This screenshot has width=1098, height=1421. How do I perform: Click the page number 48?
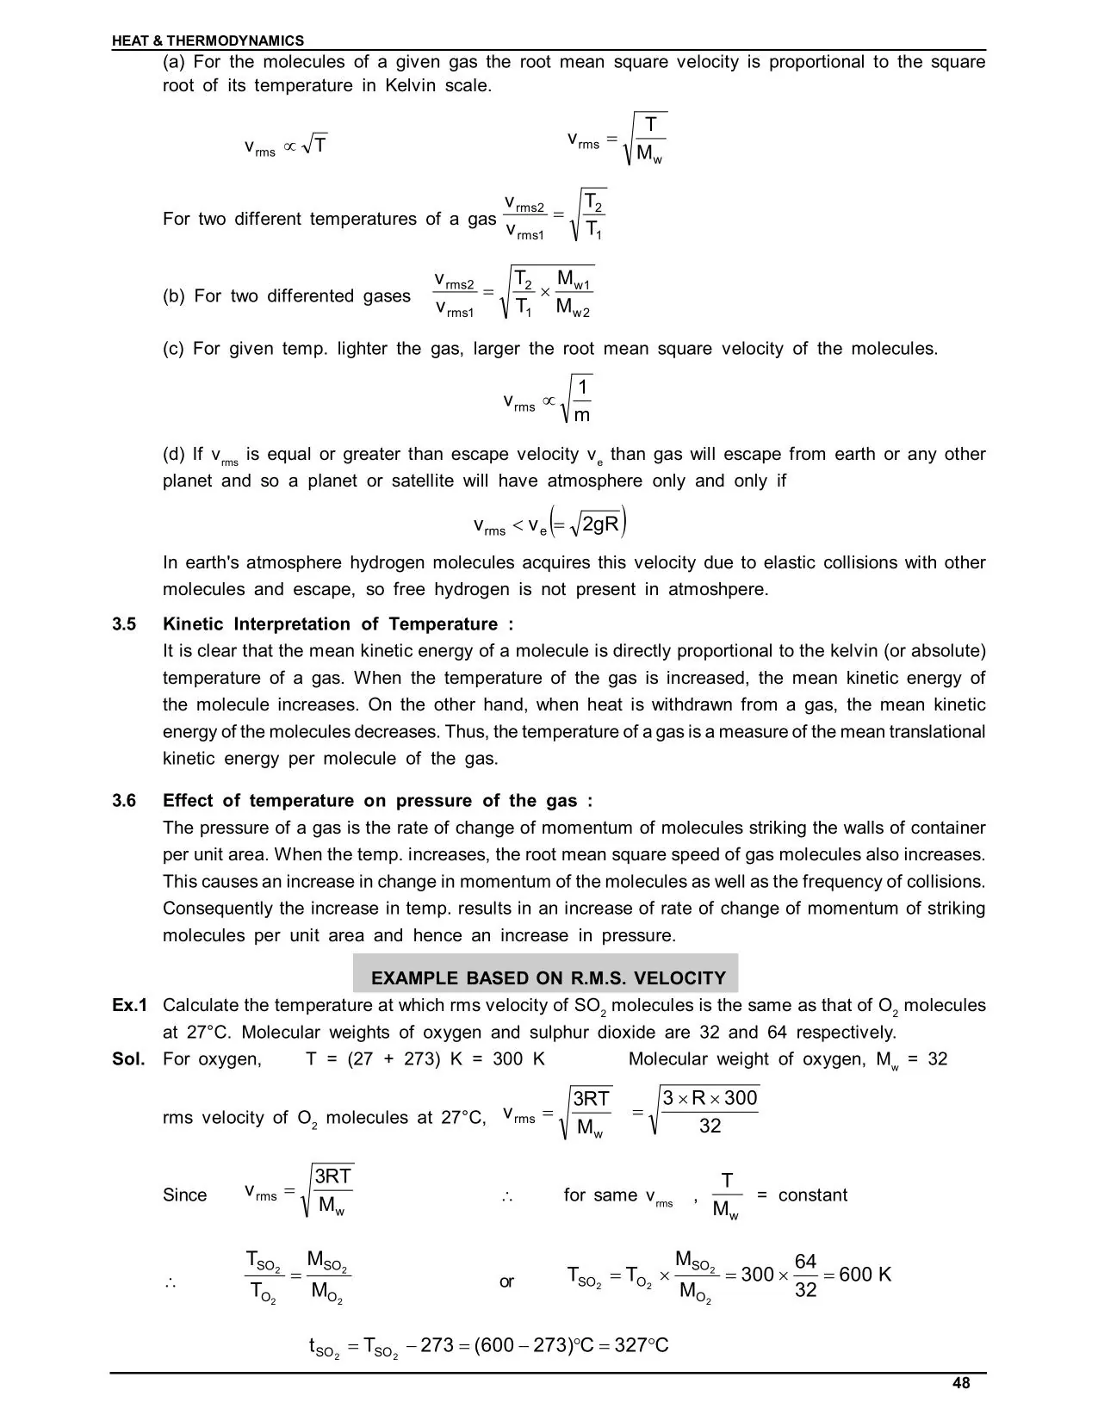pos(961,1383)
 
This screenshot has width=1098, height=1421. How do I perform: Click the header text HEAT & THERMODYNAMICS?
pos(208,40)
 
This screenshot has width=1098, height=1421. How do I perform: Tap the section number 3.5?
pos(124,624)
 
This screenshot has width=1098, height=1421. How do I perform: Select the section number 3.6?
pos(124,801)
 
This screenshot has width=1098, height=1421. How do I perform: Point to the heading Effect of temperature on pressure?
pos(377,801)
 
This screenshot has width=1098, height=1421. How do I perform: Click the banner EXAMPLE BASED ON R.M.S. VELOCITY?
pos(548,978)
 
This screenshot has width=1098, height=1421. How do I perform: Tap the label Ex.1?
pos(130,1005)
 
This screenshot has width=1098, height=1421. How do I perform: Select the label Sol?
pos(128,1058)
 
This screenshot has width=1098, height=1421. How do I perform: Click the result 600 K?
pos(865,1275)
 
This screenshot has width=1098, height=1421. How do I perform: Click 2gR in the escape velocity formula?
pos(601,524)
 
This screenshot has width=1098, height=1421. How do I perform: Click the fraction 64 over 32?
pos(805,1275)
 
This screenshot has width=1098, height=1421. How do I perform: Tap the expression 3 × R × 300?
pos(710,1097)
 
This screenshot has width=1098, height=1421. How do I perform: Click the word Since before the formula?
pos(185,1195)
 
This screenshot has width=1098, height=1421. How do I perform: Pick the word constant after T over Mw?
pos(812,1195)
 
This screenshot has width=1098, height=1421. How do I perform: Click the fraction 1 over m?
pos(582,400)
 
